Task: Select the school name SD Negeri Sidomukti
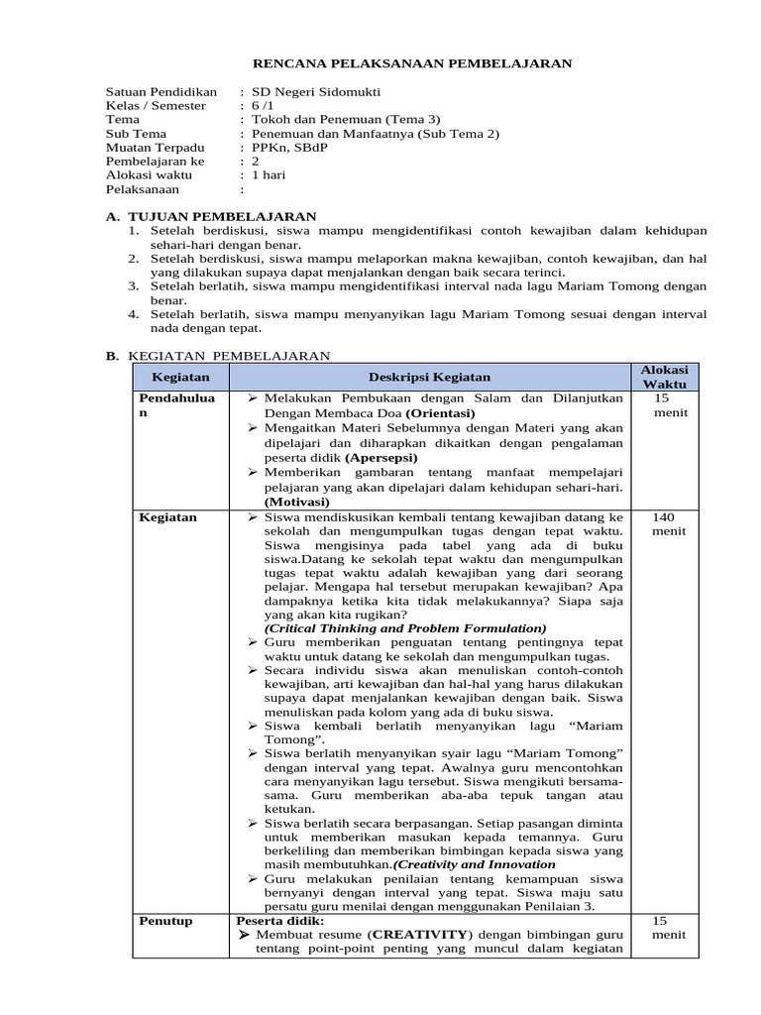click(315, 91)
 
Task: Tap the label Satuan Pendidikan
click(162, 91)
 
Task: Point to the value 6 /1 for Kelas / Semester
click(268, 105)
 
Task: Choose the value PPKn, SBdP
click(295, 147)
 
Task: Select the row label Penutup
click(166, 921)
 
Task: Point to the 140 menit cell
click(663, 523)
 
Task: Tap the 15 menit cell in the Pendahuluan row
click(663, 404)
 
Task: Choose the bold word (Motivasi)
click(297, 502)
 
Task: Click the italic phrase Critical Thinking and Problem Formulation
click(405, 628)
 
